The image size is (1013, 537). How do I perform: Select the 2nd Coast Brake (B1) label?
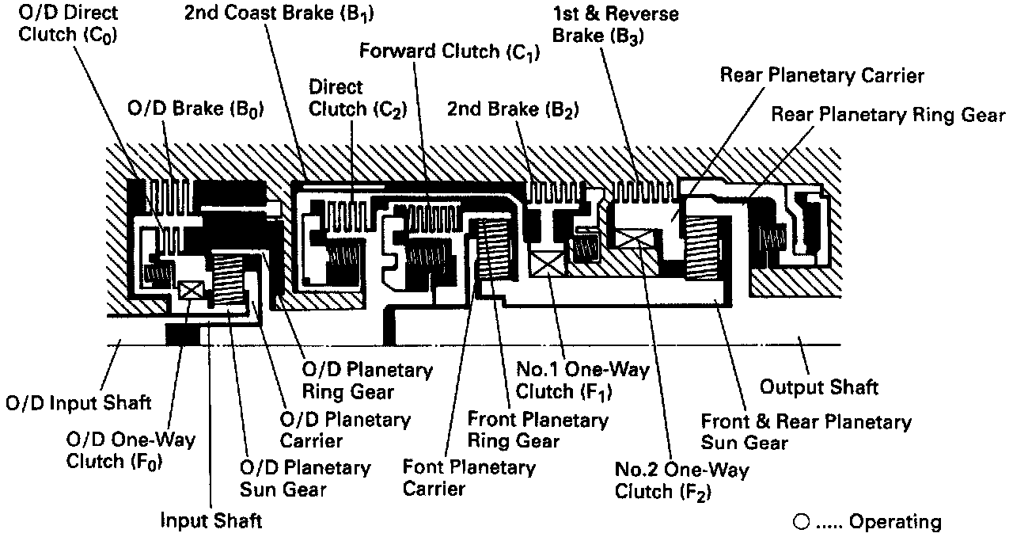tap(279, 13)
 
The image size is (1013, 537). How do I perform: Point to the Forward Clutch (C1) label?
tap(449, 52)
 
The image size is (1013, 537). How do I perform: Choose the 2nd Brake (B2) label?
tap(513, 109)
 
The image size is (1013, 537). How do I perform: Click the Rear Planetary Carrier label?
tap(821, 76)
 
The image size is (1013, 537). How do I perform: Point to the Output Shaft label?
tap(818, 387)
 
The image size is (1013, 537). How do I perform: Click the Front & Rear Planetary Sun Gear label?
tap(806, 432)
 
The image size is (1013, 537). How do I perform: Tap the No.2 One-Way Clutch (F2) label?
tap(681, 480)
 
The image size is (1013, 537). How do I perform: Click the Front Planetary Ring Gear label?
tap(537, 430)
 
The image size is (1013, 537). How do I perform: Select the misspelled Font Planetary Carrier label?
tap(469, 477)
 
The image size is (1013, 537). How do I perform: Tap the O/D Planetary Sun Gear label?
tap(305, 478)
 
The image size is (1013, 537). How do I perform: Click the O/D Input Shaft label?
tap(78, 403)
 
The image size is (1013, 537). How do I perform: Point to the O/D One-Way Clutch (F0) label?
tap(130, 450)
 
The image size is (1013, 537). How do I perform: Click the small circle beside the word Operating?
tap(800, 522)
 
